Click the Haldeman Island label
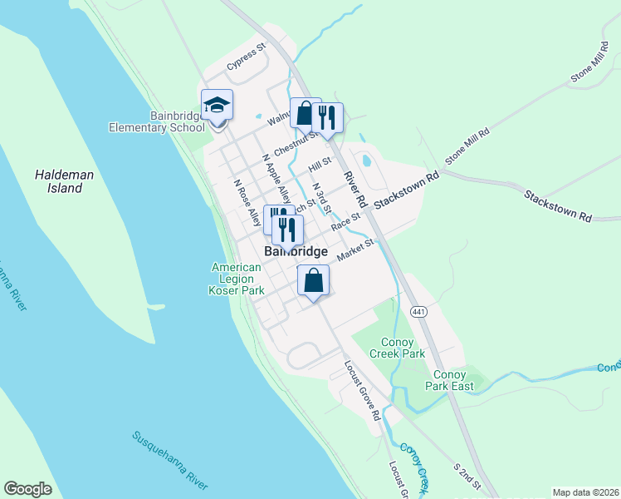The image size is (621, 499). pos(59,181)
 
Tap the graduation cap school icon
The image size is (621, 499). pos(218,105)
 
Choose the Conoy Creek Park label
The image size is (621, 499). pos(403,348)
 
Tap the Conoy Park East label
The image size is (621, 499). pos(449,379)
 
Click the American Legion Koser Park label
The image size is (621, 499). pos(237,279)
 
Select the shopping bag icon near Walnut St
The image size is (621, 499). pos(305,113)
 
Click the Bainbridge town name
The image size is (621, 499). pos(296,251)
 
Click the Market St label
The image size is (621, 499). pos(357,249)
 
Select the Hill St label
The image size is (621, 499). pos(320,166)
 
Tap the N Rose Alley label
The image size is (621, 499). pos(247,203)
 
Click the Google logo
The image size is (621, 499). pos(27,489)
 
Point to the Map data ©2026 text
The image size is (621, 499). pos(585,492)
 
